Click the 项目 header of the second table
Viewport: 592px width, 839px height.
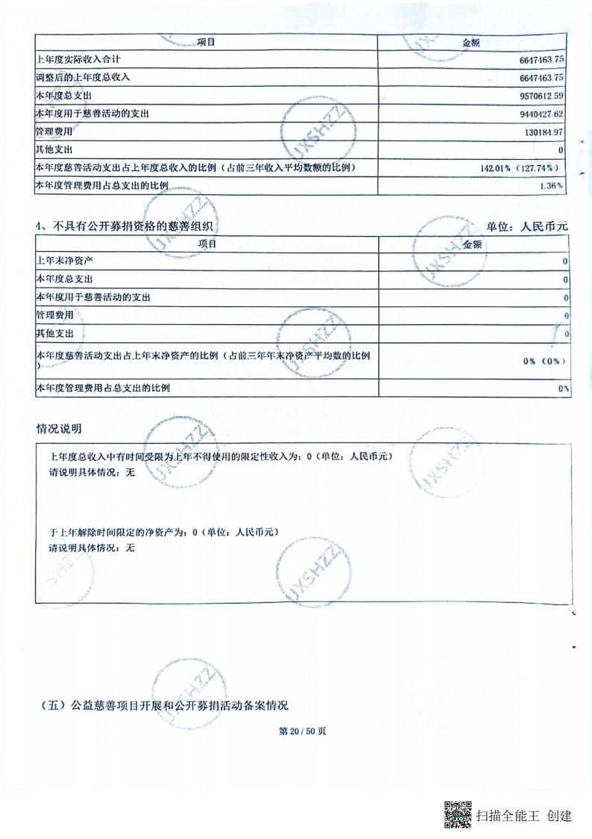point(207,244)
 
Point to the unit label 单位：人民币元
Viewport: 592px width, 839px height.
point(527,226)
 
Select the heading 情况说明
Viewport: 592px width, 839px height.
point(59,429)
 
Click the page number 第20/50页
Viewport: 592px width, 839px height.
point(302,731)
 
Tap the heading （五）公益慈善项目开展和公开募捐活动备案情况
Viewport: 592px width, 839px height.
point(162,705)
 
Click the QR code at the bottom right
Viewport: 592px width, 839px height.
point(458,814)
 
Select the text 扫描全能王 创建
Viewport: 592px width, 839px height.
point(523,815)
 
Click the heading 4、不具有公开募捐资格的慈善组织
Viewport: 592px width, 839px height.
point(128,226)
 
